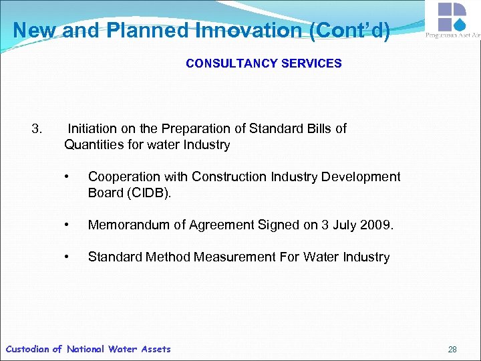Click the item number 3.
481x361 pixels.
coord(37,128)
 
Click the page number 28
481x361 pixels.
coord(452,349)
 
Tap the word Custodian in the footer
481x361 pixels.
coord(27,349)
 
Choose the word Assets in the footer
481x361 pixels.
coord(155,349)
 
